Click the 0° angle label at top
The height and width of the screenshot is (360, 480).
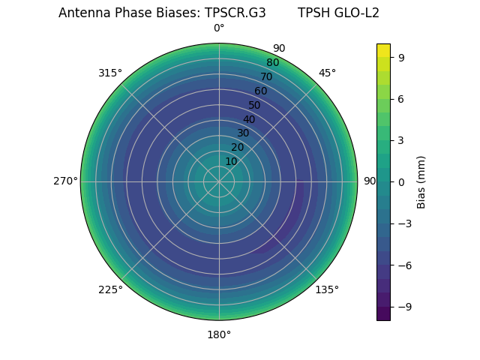pos(219,28)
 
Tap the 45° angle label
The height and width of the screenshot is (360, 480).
pos(327,73)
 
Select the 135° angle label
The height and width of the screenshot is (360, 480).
pos(327,289)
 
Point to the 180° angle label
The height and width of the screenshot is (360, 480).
pos(219,334)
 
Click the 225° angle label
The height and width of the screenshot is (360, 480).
pos(110,289)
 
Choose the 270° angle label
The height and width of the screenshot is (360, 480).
pos(65,181)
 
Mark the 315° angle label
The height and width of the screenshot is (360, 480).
pos(110,73)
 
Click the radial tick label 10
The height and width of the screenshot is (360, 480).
pos(231,161)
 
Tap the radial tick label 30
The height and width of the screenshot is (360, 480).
pos(243,133)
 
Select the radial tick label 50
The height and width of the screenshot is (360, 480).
pos(255,105)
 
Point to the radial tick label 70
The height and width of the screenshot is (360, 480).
pos(266,76)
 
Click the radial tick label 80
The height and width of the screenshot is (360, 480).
pos(272,63)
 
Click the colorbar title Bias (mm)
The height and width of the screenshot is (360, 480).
pos(421,181)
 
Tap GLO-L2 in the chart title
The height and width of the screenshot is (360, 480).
pos(357,13)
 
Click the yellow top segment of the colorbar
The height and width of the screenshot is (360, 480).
pos(383,49)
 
